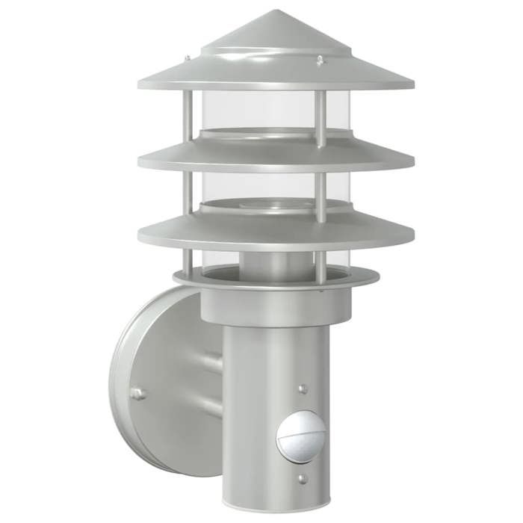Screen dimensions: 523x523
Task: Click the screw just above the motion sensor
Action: coord(303,389)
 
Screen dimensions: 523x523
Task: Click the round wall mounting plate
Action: coord(157,381)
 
